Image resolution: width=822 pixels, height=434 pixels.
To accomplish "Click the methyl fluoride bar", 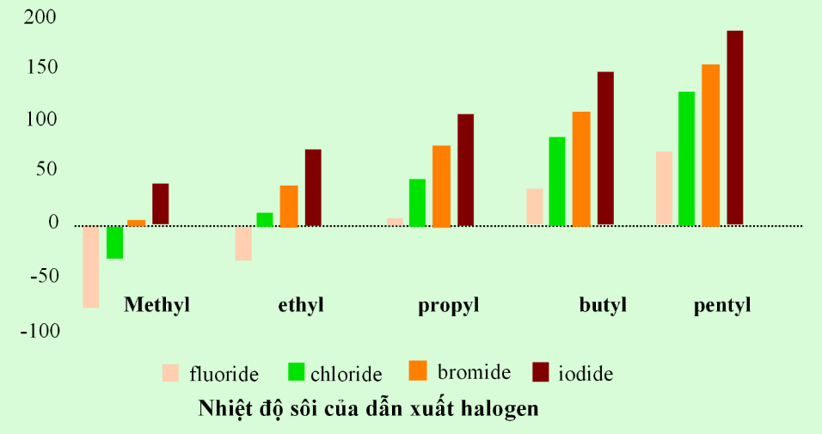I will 90,266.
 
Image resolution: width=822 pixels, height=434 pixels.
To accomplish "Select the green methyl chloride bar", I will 114,241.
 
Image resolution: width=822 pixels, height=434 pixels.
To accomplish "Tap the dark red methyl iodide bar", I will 160,204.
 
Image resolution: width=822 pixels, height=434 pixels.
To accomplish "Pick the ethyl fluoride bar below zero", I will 243,243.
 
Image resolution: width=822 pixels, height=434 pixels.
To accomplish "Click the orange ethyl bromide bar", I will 289,206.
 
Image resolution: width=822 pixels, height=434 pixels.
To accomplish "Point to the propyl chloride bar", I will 417,203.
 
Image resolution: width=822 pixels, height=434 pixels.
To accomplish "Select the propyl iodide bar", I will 465,170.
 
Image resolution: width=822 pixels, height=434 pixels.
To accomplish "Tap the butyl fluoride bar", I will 535,206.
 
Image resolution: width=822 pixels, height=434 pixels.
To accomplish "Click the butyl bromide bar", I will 581,168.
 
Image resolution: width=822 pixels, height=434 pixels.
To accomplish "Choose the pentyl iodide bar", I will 734,128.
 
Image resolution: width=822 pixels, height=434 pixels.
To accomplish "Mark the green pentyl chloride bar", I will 686,158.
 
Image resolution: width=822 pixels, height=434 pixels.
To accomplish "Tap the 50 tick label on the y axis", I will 47,170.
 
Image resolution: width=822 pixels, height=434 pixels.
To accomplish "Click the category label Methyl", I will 156,305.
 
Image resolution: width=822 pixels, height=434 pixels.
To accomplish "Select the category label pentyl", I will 722,305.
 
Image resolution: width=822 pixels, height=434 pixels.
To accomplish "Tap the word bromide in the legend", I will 474,373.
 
